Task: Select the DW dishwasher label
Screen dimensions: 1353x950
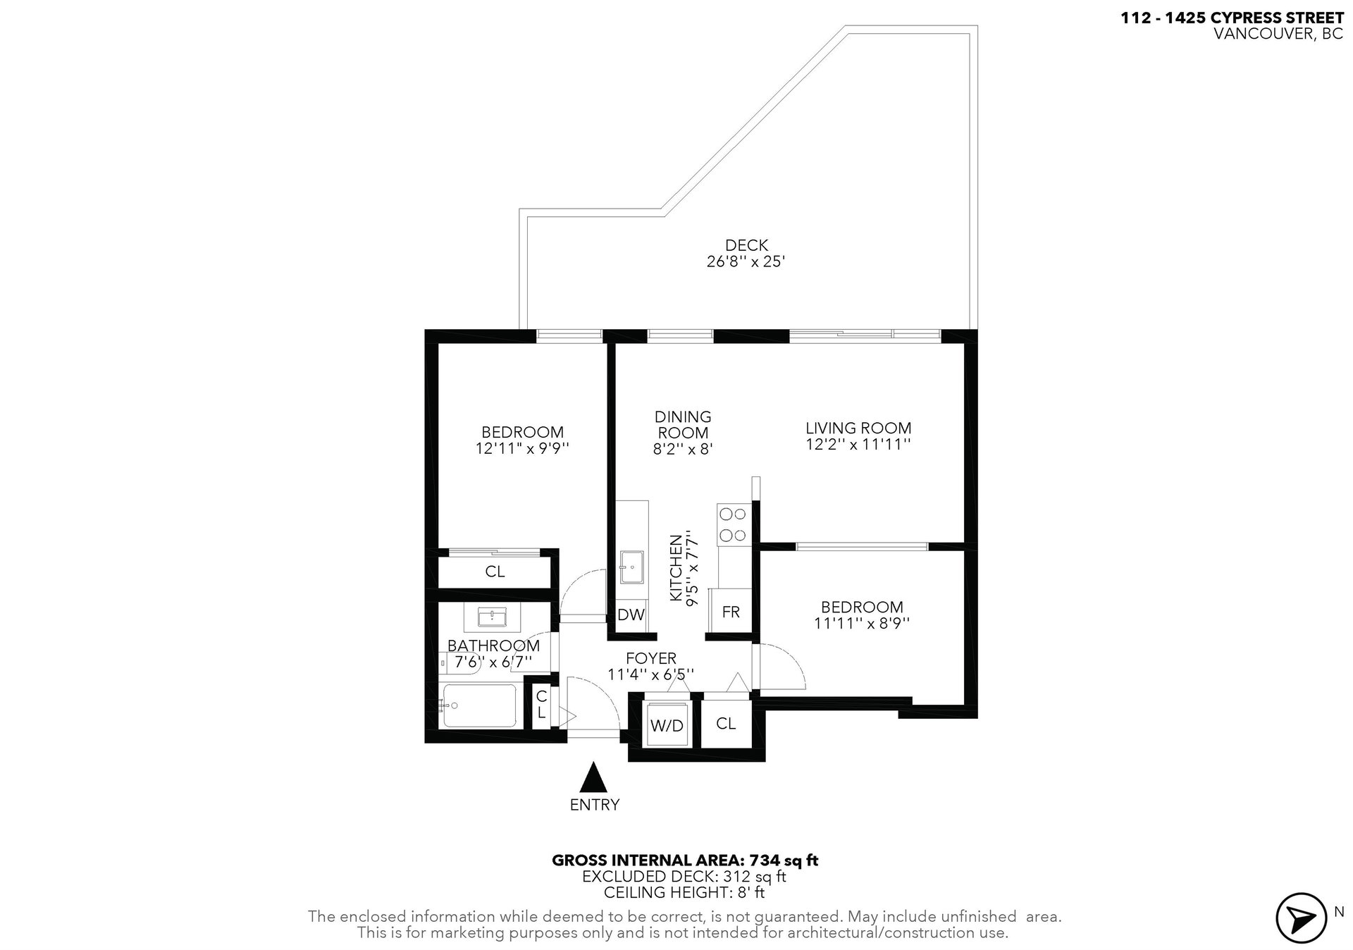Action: pyautogui.click(x=631, y=615)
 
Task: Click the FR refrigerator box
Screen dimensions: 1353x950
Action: pyautogui.click(x=731, y=610)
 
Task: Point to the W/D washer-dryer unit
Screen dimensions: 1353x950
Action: pyautogui.click(x=667, y=724)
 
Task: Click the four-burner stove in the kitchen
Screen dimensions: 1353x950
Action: pyautogui.click(x=732, y=524)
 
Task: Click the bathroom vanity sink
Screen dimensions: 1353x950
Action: pyautogui.click(x=492, y=618)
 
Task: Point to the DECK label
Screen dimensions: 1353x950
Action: pyautogui.click(x=746, y=245)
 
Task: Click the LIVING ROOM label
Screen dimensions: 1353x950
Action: pyautogui.click(x=858, y=428)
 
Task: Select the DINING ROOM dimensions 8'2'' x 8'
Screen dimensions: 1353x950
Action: pyautogui.click(x=683, y=449)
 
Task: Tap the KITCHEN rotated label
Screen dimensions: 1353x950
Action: pyautogui.click(x=676, y=568)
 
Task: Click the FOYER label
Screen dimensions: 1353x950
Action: pyautogui.click(x=651, y=658)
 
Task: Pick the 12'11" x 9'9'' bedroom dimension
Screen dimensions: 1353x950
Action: pyautogui.click(x=522, y=448)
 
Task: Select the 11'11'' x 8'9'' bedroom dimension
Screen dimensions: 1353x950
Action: pyautogui.click(x=862, y=623)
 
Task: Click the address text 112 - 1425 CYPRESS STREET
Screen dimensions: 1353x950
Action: pyautogui.click(x=1232, y=18)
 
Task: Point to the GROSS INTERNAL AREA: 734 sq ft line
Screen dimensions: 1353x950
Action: pyautogui.click(x=685, y=860)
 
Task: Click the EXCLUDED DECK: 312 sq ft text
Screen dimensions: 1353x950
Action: pyautogui.click(x=684, y=877)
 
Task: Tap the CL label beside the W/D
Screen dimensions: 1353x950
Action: pyautogui.click(x=726, y=724)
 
